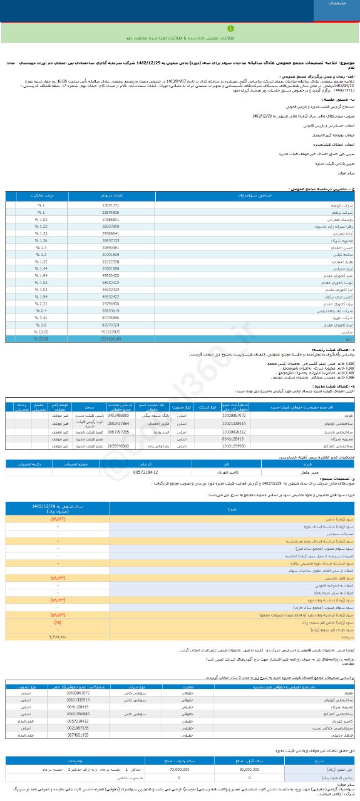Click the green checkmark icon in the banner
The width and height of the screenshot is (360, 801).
pos(180,29)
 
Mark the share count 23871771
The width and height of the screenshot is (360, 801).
pos(110,205)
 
